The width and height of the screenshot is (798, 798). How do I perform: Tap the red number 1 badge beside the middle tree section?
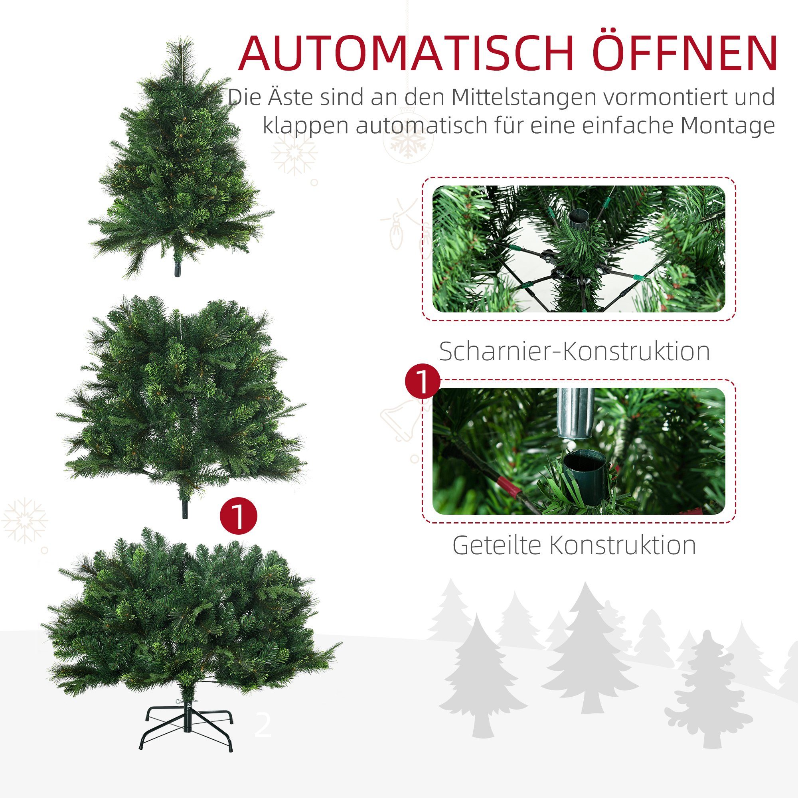pos(238,516)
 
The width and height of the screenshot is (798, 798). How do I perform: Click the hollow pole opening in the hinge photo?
pos(579,218)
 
